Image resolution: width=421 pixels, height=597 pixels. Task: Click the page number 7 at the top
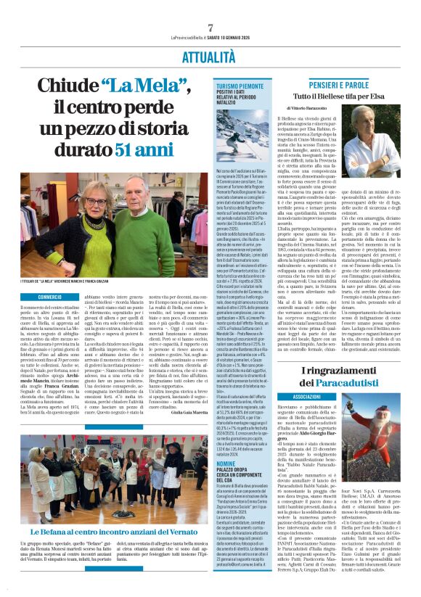pos(210,28)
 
